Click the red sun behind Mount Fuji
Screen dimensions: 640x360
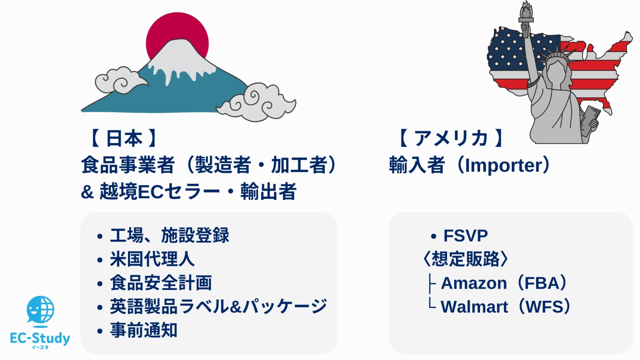point(177,27)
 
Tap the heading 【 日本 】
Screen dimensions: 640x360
point(123,139)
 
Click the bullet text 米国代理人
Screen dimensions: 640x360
point(152,259)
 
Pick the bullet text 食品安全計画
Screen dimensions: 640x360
point(160,283)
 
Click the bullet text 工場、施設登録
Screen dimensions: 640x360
point(169,235)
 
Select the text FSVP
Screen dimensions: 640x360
point(465,236)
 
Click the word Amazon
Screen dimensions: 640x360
point(474,283)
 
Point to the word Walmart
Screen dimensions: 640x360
point(474,307)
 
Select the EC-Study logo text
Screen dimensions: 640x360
point(40,339)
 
